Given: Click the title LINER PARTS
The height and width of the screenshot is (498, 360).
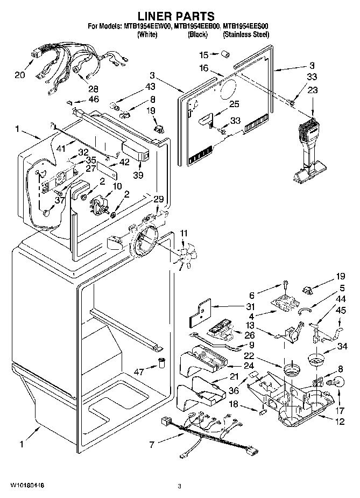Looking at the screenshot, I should [x=180, y=17].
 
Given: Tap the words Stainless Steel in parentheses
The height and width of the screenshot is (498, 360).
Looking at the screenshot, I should [x=246, y=34].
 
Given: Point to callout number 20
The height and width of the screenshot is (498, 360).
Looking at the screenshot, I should [x=20, y=75].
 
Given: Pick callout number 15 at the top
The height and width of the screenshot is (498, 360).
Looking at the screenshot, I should [x=203, y=55].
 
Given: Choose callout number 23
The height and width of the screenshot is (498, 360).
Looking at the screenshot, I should [x=312, y=91].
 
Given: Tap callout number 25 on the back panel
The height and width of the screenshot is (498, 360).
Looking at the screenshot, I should [x=234, y=104].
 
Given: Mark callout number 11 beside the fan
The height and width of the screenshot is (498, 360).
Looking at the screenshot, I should [x=183, y=233].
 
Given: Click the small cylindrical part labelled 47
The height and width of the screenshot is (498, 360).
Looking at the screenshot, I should [x=160, y=362].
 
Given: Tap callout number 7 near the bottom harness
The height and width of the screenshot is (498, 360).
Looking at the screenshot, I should [x=152, y=444].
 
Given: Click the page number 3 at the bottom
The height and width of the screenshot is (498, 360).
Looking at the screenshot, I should [x=180, y=486].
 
